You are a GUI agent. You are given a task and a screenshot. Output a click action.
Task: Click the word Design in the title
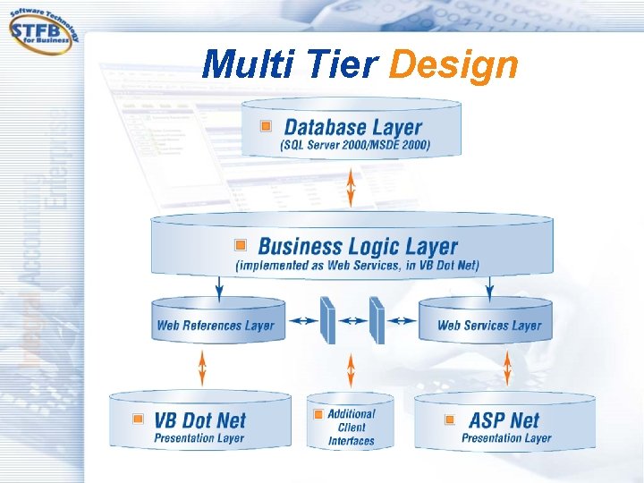coord(453,65)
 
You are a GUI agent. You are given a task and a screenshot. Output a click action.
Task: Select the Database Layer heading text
coord(352,127)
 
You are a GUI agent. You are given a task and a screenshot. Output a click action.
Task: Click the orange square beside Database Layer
coord(266,127)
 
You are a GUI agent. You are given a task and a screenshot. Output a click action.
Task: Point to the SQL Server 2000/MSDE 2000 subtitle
coord(355,145)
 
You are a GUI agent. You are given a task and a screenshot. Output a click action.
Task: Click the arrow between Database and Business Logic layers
coord(352,185)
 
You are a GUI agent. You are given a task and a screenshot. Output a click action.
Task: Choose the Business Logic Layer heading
coord(358,246)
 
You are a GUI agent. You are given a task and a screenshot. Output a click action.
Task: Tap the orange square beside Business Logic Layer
coord(241,245)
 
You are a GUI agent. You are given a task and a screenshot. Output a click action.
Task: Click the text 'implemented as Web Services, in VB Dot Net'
coord(357,265)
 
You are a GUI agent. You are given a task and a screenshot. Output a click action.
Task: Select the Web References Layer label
coord(216,326)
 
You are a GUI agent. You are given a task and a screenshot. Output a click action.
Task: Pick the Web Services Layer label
coord(489,326)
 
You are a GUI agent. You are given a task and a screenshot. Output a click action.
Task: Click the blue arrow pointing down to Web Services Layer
coord(489,287)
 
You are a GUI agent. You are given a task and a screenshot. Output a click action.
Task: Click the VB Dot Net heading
coord(199,419)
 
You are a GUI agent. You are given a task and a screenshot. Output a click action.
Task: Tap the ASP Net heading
coord(504,419)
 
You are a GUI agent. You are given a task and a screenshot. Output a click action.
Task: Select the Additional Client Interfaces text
coord(352,427)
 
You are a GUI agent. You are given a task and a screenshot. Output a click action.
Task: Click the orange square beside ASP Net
coord(445,419)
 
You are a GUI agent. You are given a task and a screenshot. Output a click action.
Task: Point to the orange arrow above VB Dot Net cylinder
coord(202,368)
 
